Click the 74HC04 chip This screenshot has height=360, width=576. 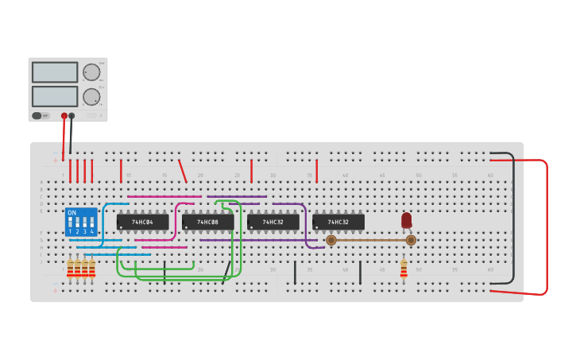click(143, 222)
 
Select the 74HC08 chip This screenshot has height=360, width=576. click(208, 222)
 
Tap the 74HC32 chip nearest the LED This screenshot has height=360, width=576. click(338, 222)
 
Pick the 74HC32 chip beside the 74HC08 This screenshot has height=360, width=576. click(273, 222)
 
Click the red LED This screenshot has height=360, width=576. click(407, 219)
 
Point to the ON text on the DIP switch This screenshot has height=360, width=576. click(72, 213)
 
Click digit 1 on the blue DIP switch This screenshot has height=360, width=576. click(70, 231)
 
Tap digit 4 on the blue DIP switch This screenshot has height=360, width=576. click(92, 231)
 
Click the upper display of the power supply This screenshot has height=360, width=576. click(55, 72)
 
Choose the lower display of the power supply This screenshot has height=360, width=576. click(55, 96)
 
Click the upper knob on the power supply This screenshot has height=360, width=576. click(92, 72)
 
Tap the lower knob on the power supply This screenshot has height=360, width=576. click(92, 97)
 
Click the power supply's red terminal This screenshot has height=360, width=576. click(64, 115)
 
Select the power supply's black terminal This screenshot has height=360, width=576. click(72, 115)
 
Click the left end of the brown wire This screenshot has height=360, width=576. click(331, 240)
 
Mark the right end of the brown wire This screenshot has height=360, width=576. click(411, 240)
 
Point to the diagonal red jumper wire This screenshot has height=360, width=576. click(183, 171)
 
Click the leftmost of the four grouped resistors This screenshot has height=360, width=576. click(71, 269)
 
